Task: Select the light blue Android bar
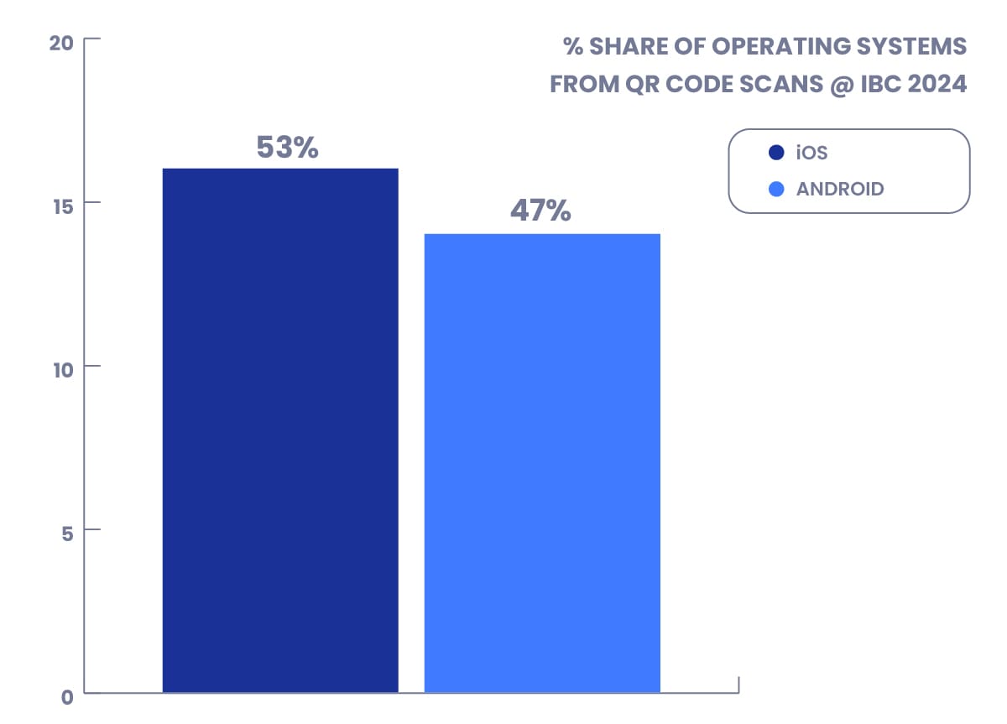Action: point(542,463)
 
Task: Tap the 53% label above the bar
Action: point(287,148)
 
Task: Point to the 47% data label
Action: point(540,211)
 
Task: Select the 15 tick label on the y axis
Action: point(62,203)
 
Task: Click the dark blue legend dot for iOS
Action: point(776,154)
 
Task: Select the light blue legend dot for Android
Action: point(776,189)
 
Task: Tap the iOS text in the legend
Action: point(812,154)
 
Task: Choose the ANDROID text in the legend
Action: point(840,189)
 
